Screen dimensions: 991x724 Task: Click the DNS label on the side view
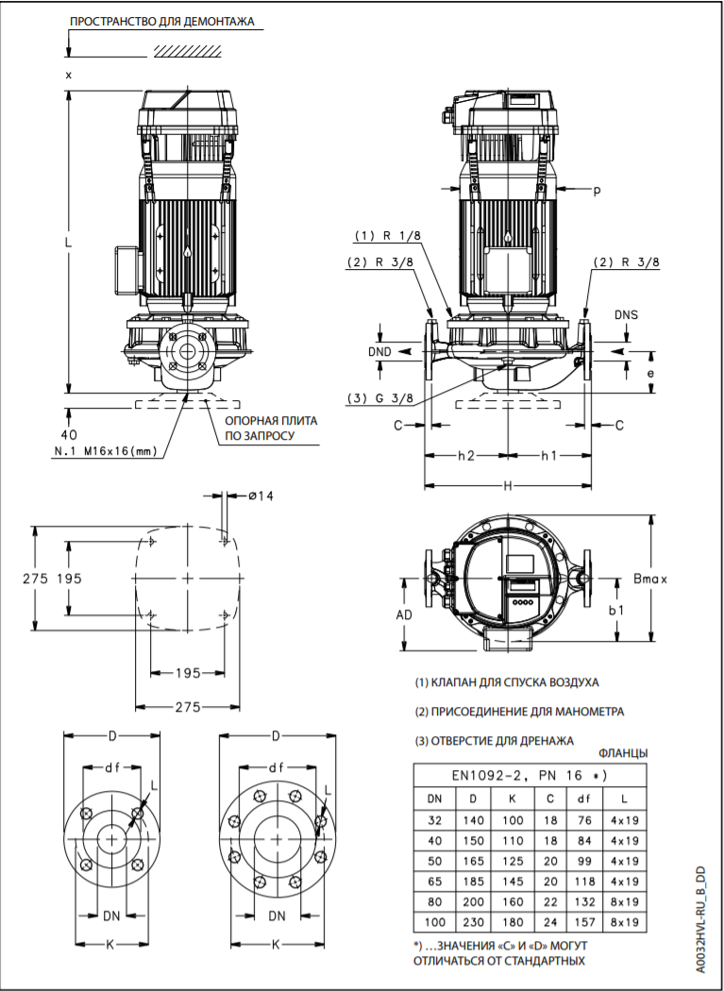(625, 314)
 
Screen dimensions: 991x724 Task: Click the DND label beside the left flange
(380, 351)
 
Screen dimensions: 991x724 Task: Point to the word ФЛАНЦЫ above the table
(623, 752)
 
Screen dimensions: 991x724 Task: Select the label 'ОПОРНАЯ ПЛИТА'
(271, 421)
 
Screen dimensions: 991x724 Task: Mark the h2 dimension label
(465, 456)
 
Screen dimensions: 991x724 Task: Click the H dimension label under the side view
(508, 485)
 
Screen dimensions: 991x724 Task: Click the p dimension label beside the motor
(597, 190)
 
